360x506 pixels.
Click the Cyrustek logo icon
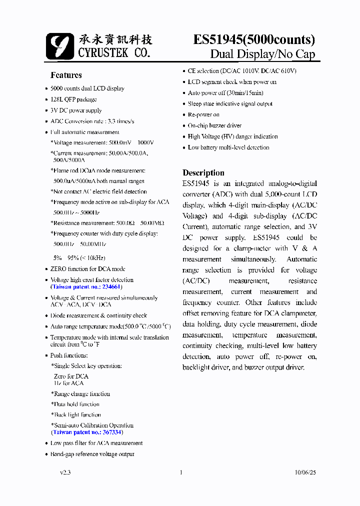[x=59, y=46]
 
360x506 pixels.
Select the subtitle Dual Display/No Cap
[x=262, y=54]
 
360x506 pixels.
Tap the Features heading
[x=66, y=75]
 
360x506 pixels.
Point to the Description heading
[x=203, y=173]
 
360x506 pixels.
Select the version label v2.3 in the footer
[x=65, y=472]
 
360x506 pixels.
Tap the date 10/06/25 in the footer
[x=305, y=472]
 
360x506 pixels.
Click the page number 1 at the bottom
[x=181, y=472]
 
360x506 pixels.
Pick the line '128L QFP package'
[x=73, y=99]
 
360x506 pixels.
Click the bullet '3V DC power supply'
[x=76, y=110]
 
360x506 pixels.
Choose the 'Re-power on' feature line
[x=203, y=115]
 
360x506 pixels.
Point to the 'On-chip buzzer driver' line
[x=214, y=126]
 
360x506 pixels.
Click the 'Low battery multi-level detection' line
[x=228, y=147]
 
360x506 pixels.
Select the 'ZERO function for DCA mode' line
[x=87, y=269]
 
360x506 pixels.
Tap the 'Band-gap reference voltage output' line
[x=92, y=454]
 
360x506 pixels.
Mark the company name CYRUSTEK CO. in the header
[x=114, y=52]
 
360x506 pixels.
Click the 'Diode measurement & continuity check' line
[x=98, y=315]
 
